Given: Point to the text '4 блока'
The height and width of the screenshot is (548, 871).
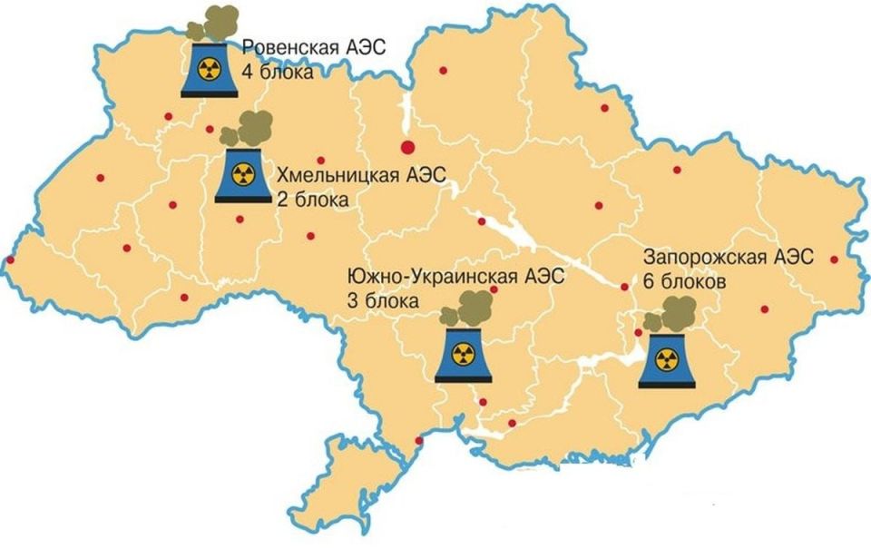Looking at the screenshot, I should pyautogui.click(x=277, y=72).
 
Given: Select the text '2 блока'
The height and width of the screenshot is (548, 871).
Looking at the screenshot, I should pyautogui.click(x=310, y=200).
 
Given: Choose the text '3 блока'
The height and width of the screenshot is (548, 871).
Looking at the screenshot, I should pyautogui.click(x=384, y=298).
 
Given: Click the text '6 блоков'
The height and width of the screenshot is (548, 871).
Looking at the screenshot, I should pyautogui.click(x=685, y=281).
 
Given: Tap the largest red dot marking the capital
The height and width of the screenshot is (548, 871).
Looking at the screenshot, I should pyautogui.click(x=407, y=148).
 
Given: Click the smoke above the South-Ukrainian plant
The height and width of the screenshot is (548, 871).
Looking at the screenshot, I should pyautogui.click(x=461, y=313).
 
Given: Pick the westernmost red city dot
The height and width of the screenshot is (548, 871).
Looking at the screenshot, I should pyautogui.click(x=9, y=260).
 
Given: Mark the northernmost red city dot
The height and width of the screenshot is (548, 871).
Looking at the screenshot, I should pyautogui.click(x=443, y=70).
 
